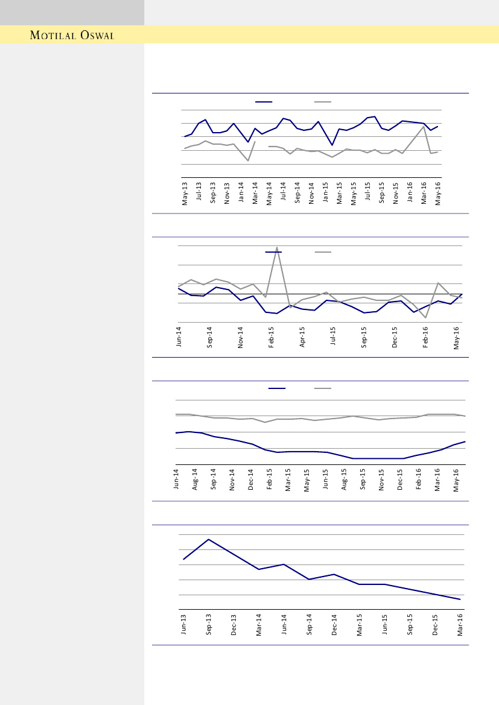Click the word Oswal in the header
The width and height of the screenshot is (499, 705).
point(95,35)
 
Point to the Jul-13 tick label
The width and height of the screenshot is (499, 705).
point(199,194)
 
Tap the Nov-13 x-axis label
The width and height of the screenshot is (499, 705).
point(227,194)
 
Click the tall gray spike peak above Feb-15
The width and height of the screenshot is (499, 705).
point(276,247)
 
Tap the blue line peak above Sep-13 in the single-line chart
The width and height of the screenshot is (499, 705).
point(208,539)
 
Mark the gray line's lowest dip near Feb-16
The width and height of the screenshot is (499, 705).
point(426,317)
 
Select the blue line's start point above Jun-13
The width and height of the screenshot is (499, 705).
point(183,560)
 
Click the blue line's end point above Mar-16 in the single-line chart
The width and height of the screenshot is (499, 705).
point(460,599)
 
